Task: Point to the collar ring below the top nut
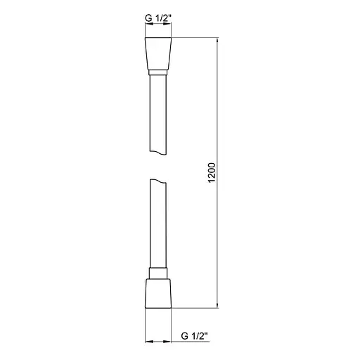[x=158, y=70]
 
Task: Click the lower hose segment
[x=158, y=225]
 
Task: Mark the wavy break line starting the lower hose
[x=158, y=182]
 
